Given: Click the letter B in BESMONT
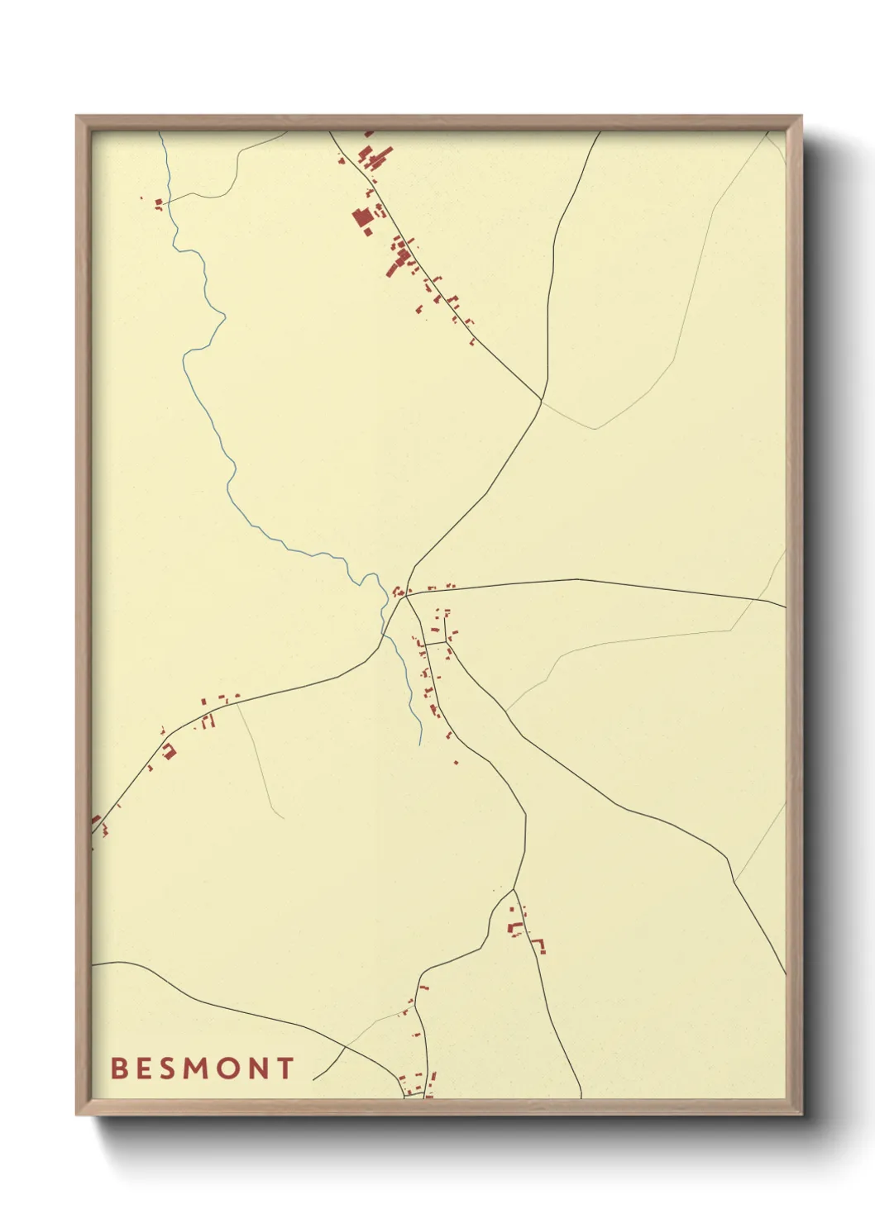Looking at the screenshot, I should pyautogui.click(x=118, y=1068).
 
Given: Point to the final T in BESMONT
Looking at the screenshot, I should pyautogui.click(x=285, y=1068).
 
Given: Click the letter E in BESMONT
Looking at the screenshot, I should pyautogui.click(x=143, y=1068).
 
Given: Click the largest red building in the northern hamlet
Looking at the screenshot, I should pyautogui.click(x=361, y=218).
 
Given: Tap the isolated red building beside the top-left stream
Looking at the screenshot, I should pyautogui.click(x=158, y=201).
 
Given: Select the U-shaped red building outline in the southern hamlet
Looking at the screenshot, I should pyautogui.click(x=539, y=945).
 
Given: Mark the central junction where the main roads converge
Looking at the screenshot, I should pyautogui.click(x=404, y=597).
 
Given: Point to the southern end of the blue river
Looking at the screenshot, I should pyautogui.click(x=420, y=743).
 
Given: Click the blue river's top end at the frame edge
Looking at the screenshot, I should pyautogui.click(x=161, y=134).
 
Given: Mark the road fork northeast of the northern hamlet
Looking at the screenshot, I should pyautogui.click(x=543, y=400).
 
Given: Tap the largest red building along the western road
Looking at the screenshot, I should pyautogui.click(x=170, y=750).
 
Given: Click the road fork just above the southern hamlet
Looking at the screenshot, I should pyautogui.click(x=514, y=890).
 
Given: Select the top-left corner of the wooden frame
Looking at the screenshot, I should pyautogui.click(x=77, y=117).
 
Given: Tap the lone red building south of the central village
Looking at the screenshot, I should pyautogui.click(x=456, y=762).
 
